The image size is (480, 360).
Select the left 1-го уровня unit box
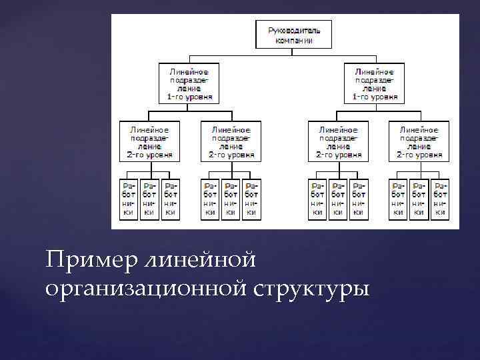click(190, 83)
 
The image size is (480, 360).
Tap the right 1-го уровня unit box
click(375, 83)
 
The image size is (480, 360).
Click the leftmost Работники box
click(129, 198)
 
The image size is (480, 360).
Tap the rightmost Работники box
click(439, 198)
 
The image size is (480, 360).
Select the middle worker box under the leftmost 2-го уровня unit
click(150, 198)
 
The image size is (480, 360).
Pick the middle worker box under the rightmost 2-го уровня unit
click(419, 198)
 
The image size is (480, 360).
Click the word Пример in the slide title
click(89, 258)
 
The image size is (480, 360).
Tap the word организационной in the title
click(149, 289)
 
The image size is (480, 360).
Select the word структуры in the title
click(311, 289)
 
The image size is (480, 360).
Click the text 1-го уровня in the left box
click(190, 96)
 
